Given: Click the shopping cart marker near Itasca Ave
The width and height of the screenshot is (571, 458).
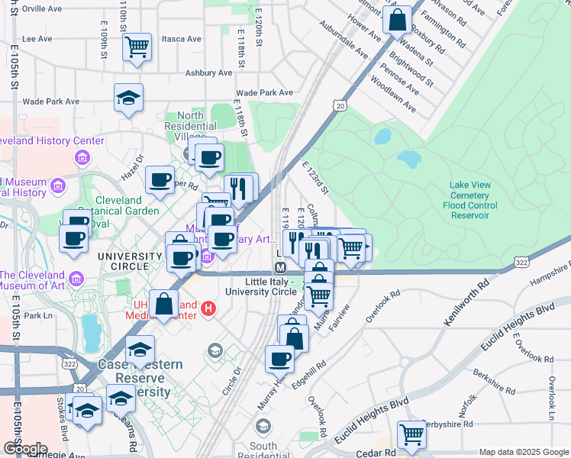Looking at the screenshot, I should click(137, 47).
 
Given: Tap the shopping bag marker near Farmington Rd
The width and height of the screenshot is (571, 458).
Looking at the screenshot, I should click(398, 21).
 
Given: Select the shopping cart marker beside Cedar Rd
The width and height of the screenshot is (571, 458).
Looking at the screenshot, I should click(411, 434).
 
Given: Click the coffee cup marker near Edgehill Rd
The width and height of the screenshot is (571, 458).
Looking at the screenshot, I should click(280, 359).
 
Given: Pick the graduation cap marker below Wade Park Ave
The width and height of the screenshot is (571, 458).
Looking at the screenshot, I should click(128, 98).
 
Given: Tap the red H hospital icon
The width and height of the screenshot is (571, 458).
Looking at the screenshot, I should click(208, 309).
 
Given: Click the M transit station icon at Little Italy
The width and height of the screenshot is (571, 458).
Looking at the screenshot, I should click(280, 269).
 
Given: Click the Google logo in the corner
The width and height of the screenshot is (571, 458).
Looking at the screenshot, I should click(24, 449).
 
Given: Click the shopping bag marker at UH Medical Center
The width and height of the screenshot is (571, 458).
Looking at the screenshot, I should click(164, 304).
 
